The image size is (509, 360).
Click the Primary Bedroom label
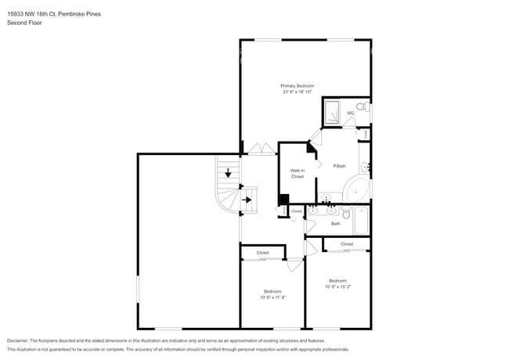[297, 85]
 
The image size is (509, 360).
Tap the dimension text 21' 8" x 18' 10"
[297, 92]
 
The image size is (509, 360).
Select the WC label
[351, 113]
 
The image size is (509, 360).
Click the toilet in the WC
[362, 106]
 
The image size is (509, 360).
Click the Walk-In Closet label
[297, 173]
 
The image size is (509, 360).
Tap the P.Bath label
[340, 166]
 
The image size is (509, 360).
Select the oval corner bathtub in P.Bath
[358, 191]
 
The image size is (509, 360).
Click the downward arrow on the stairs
[228, 174]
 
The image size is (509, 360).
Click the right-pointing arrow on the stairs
[247, 200]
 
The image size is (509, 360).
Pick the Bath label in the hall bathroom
[335, 224]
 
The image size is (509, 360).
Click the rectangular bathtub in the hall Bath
[362, 221]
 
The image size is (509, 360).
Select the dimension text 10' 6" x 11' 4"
[273, 297]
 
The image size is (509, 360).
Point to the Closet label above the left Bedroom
[262, 253]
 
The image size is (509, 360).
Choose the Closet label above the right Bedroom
[347, 244]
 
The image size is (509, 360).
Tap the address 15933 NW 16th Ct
[31, 14]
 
